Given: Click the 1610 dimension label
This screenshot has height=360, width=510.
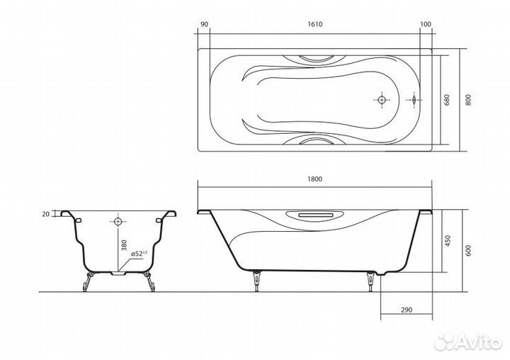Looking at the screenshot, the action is tap(314, 24).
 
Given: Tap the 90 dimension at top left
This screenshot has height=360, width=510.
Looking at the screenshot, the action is tap(204, 24).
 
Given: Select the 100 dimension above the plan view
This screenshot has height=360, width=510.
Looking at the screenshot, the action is tap(426, 24).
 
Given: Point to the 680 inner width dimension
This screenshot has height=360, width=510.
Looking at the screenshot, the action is tap(447, 100).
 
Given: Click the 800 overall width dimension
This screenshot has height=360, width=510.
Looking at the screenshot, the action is tap(468, 100).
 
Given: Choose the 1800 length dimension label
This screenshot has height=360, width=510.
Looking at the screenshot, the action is tap(314, 179).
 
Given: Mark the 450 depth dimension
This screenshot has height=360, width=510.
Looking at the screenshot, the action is tap(448, 241).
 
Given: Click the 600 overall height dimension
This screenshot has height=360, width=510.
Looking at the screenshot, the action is tap(468, 250).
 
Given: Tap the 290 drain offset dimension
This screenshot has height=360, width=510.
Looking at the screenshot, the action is tap(407, 310).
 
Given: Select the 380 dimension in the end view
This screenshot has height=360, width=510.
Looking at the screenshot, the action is tap(124, 245).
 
